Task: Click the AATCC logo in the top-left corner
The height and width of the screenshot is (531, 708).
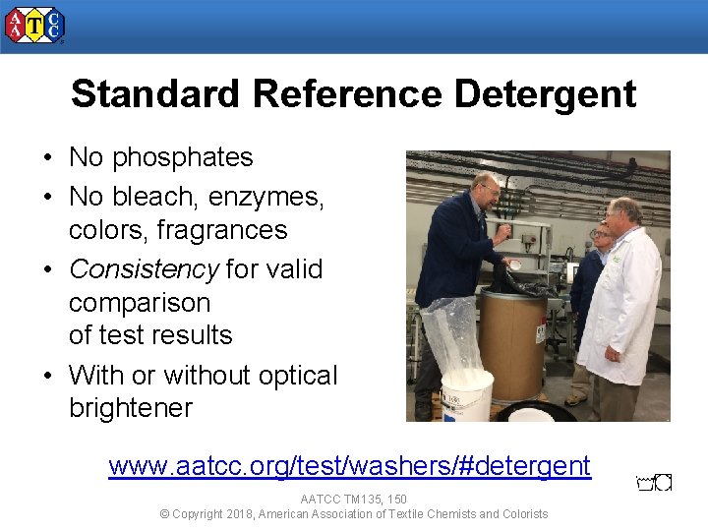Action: coord(34,26)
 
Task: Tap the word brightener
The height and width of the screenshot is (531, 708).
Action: coord(131,408)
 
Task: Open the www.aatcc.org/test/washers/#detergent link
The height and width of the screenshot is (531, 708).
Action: coord(349,465)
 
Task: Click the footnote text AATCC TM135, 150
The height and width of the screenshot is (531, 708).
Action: coord(353,500)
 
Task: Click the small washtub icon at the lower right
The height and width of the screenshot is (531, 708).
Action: coord(654,483)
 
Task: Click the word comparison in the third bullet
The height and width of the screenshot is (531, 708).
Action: coord(140,302)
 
